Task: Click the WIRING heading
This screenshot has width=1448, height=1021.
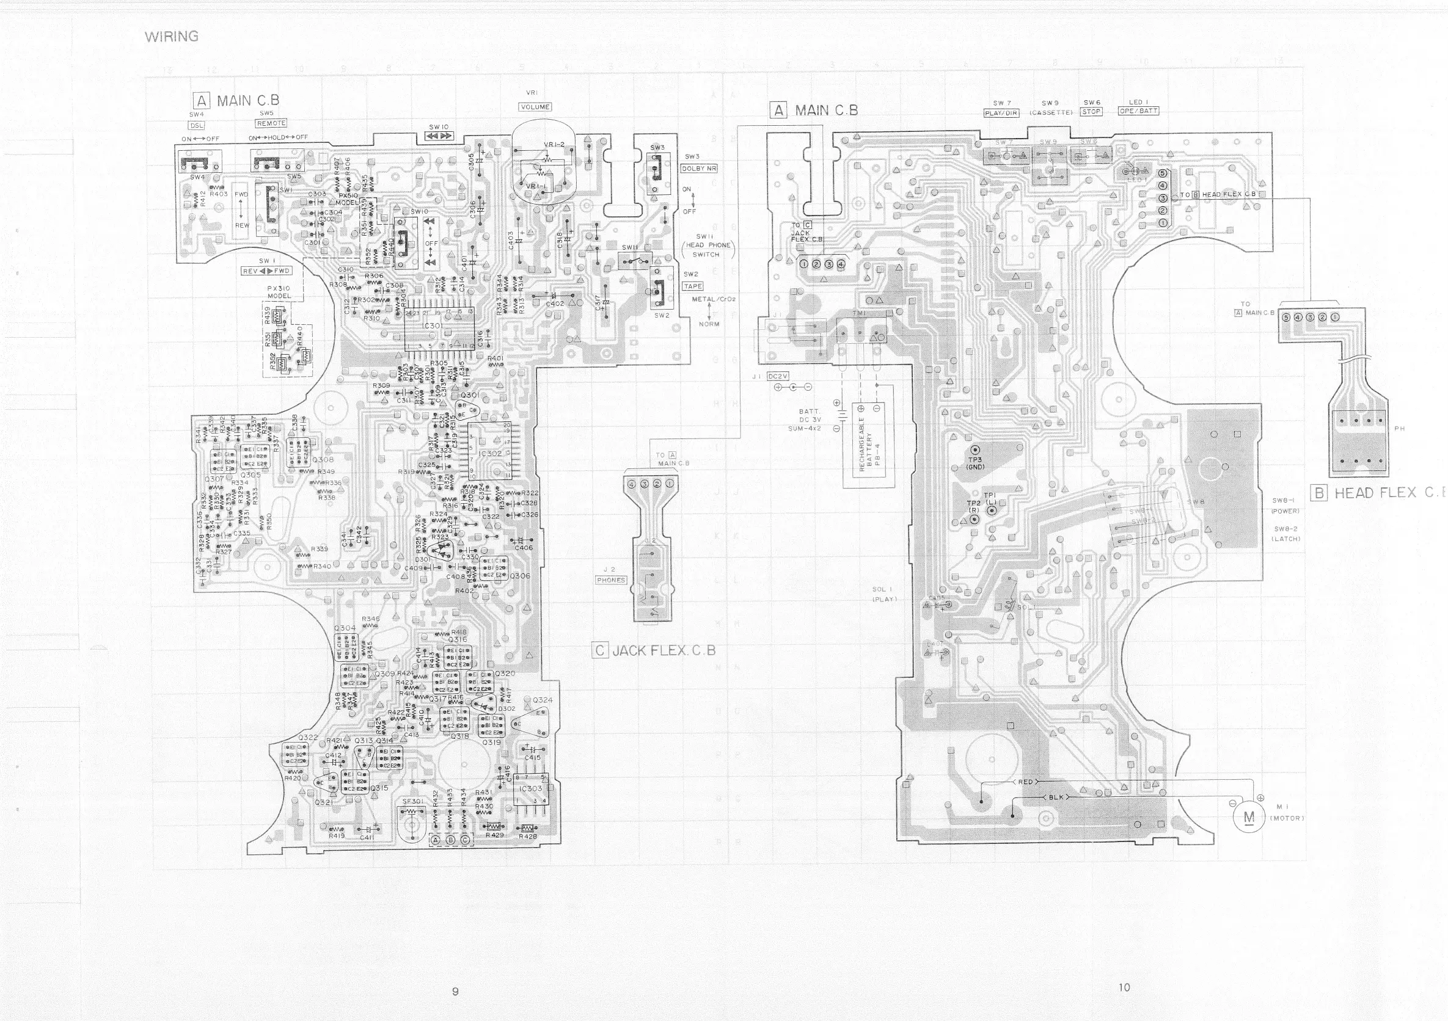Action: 172,37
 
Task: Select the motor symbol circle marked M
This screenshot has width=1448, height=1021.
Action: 1249,818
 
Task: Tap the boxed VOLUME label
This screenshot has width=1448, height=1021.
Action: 535,107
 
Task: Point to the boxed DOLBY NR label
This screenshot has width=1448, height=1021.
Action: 699,169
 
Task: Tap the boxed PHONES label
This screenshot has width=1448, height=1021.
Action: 610,580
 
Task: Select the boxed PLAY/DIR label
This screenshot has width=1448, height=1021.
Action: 1001,113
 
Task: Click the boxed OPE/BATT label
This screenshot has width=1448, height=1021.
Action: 1138,112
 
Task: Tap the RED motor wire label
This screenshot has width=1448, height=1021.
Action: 1025,782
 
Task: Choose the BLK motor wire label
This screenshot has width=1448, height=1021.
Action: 1056,798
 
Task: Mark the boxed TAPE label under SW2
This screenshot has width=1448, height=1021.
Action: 692,286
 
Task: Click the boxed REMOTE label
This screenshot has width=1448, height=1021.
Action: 271,123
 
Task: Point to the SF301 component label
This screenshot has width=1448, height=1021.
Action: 412,802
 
